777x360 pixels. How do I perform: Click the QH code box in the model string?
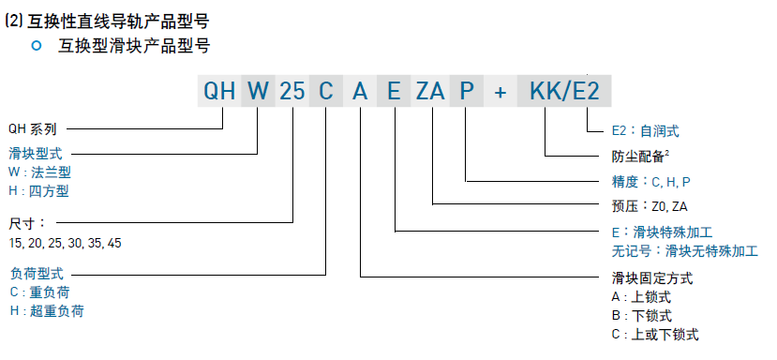pos(219,91)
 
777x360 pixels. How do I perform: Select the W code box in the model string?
pos(258,91)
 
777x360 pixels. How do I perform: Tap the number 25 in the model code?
pos(291,91)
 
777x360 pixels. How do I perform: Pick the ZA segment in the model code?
pos(430,91)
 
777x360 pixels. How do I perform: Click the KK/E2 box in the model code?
pos(564,91)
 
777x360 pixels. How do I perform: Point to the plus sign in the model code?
pos(501,92)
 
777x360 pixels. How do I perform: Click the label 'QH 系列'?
pos(33,129)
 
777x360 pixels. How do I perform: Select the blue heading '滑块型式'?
pos(36,153)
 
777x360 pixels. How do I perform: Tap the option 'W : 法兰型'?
pos(39,172)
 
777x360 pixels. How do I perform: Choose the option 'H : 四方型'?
pos(38,191)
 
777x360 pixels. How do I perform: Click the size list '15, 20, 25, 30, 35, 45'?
pos(65,244)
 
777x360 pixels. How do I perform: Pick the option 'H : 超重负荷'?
pos(47,311)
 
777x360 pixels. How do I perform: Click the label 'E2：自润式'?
pos(646,131)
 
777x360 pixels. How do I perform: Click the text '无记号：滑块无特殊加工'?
pos(685,250)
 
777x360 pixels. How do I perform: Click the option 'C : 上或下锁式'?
pos(655,335)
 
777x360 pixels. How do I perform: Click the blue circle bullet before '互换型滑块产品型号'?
pos(37,46)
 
